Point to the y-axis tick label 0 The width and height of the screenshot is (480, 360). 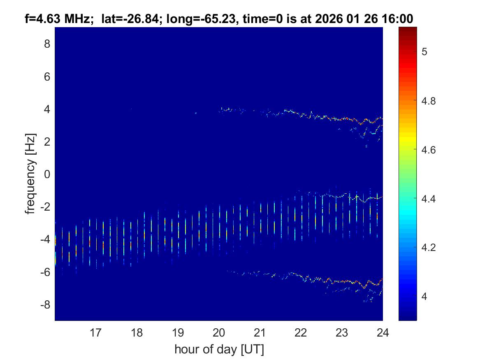(x=47, y=174)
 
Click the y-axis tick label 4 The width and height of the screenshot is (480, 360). (x=47, y=109)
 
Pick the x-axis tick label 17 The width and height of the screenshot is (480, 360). (x=96, y=332)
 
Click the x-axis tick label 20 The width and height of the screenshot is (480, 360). (x=219, y=332)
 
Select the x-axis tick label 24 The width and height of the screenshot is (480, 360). (x=383, y=332)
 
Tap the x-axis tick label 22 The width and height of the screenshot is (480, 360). (x=301, y=332)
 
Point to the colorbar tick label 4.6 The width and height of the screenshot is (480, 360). (x=429, y=150)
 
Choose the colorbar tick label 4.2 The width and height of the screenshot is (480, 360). (x=429, y=248)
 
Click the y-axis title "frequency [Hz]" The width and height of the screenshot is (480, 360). (x=30, y=174)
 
